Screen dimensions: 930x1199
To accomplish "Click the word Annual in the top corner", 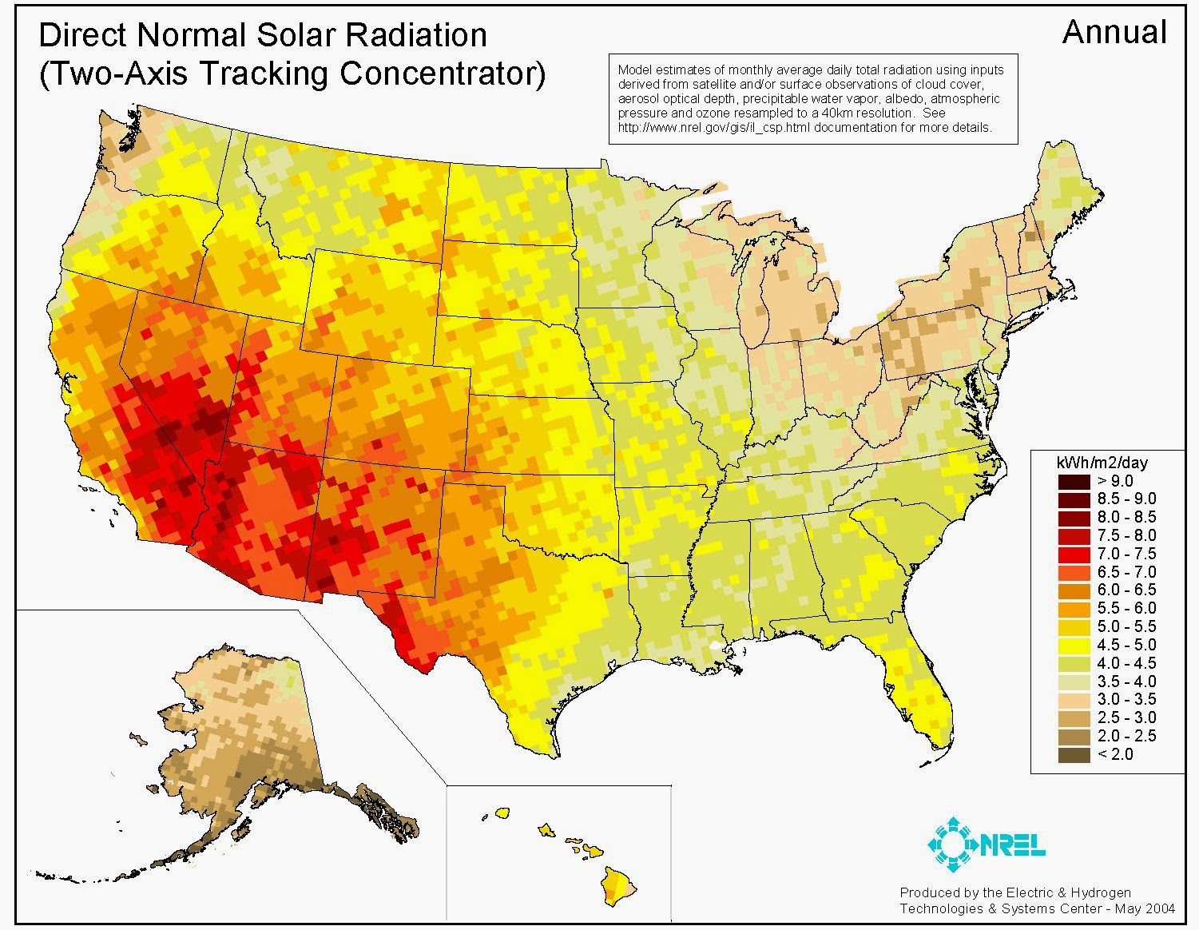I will pos(1114,33).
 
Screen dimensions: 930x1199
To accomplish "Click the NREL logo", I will pos(986,845).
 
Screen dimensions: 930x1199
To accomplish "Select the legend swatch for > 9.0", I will pos(1074,481).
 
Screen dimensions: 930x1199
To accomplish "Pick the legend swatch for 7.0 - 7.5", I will pos(1074,554).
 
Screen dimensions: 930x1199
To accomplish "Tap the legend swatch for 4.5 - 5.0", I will pos(1074,645).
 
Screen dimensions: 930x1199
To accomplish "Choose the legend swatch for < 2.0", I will pos(1074,754).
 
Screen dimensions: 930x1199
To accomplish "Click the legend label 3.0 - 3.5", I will pos(1126,699).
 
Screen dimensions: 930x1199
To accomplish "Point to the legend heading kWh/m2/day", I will pos(1102,463).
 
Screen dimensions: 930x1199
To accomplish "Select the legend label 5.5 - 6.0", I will pos(1126,608).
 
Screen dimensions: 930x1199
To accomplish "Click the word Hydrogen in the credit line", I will pos(1102,892).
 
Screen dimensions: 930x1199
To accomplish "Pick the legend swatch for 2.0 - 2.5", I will pos(1074,736).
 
